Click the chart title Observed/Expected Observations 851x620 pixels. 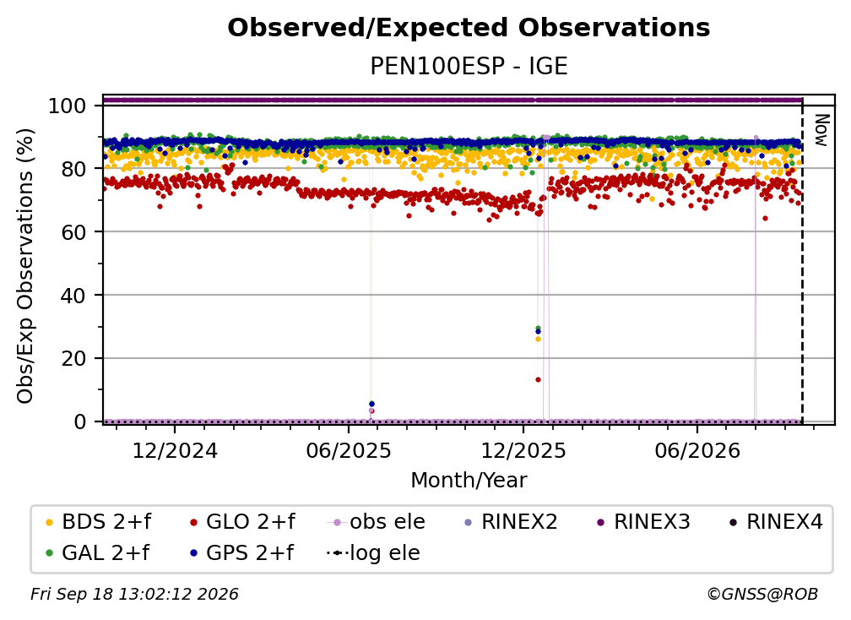[x=469, y=28]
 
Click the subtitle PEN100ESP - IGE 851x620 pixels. [x=469, y=67]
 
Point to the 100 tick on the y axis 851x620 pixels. [x=68, y=106]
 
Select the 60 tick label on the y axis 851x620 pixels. [x=73, y=231]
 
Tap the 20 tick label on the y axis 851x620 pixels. [x=73, y=358]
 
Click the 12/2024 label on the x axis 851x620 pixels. [x=175, y=450]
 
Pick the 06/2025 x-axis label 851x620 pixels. [x=349, y=450]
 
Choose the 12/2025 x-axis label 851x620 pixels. [x=523, y=450]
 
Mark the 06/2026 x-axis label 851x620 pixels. [x=697, y=450]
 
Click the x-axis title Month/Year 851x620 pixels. [x=469, y=480]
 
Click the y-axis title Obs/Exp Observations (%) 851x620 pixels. [x=25, y=266]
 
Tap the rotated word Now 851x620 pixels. [x=821, y=130]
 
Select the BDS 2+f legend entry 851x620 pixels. [x=98, y=522]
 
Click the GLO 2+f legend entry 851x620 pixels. [x=242, y=522]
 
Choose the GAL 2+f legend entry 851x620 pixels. [x=97, y=552]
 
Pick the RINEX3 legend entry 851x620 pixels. [x=643, y=522]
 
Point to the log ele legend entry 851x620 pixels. [x=373, y=552]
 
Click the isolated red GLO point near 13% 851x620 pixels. [x=538, y=379]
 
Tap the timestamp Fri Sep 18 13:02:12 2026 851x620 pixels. [x=134, y=594]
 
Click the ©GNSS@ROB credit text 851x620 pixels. [x=762, y=594]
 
